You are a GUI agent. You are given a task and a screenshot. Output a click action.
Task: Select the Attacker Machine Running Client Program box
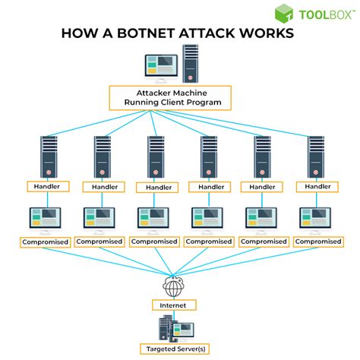179,98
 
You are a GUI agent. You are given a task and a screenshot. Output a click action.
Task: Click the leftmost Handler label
46,186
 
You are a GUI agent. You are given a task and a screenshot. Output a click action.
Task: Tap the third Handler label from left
153,187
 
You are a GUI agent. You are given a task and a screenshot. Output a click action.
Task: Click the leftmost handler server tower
46,156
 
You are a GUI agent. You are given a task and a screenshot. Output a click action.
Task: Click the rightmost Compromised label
317,242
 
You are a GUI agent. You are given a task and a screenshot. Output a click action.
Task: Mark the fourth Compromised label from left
209,242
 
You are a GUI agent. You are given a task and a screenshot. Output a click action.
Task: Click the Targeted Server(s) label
180,350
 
